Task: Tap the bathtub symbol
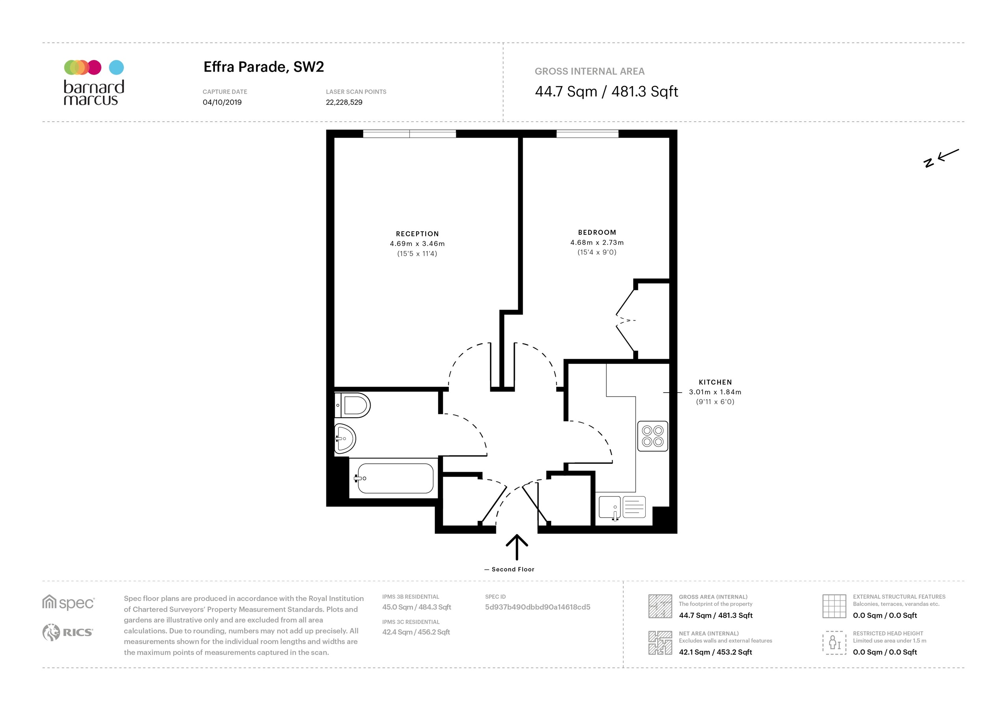point(395,478)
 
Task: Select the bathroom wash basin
point(345,438)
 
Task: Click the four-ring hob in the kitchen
point(652,436)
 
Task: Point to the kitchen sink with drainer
point(622,507)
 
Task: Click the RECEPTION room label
point(417,234)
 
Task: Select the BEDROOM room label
point(597,232)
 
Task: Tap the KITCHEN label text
point(715,382)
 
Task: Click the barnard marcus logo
point(94,83)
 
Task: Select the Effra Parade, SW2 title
point(263,67)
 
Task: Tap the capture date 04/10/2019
point(222,102)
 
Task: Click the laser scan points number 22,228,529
point(344,102)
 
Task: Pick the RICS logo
point(68,632)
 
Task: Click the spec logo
point(69,603)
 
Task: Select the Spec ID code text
point(537,607)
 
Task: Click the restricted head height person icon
point(834,643)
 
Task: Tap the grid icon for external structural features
point(834,606)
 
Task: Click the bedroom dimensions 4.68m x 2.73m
point(597,243)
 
